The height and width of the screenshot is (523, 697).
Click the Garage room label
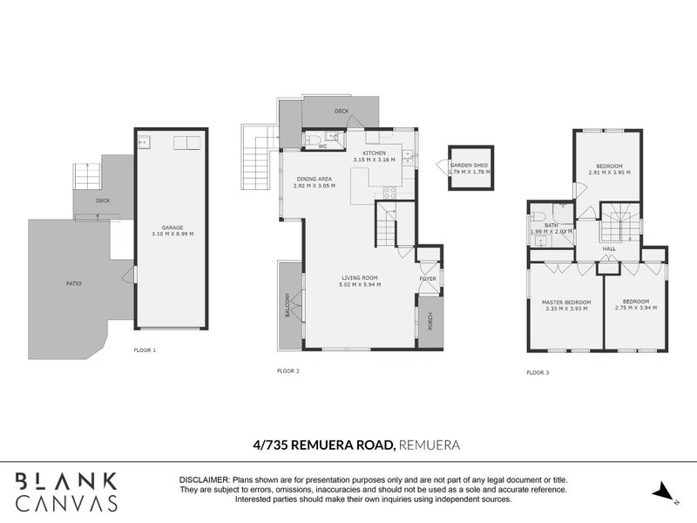tap(172, 228)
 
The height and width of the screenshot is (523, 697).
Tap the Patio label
tap(76, 283)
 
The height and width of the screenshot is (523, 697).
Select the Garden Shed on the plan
tap(470, 168)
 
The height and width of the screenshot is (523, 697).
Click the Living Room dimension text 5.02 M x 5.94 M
tap(360, 285)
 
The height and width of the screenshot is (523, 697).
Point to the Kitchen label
tap(375, 153)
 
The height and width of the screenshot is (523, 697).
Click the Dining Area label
tap(313, 180)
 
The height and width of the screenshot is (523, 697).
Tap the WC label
tap(322, 146)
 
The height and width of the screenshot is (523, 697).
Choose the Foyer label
tap(428, 279)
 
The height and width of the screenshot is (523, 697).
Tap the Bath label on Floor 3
tap(551, 226)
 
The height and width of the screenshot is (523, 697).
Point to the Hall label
tap(609, 248)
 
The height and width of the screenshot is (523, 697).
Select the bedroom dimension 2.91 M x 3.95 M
tap(609, 173)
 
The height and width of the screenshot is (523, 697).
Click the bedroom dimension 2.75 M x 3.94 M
tap(636, 308)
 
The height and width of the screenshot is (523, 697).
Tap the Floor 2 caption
tap(288, 371)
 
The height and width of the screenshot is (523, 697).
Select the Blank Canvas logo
tap(67, 491)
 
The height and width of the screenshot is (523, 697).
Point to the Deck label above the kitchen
tap(342, 112)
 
